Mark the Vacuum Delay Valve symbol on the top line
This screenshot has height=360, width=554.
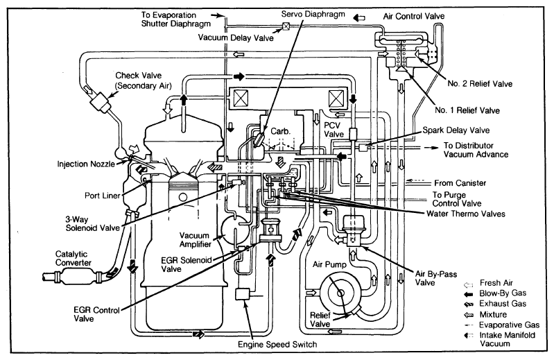(284, 27)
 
